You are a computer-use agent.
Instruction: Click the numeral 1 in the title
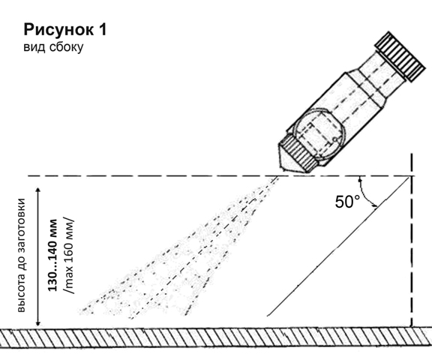point(102,29)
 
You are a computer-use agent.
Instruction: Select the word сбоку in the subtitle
point(66,47)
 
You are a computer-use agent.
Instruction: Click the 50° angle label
point(347,202)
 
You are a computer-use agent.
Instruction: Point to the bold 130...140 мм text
point(52,255)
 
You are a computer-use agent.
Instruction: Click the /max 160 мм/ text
point(68,256)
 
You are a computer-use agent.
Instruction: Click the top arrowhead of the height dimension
point(38,190)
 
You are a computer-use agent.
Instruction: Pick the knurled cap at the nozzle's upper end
point(400,57)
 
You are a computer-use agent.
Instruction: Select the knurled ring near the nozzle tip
point(299,154)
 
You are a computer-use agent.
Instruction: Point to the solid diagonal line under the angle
point(337,247)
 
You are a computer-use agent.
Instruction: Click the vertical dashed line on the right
point(412,240)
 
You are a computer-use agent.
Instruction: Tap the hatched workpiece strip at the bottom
point(216,337)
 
